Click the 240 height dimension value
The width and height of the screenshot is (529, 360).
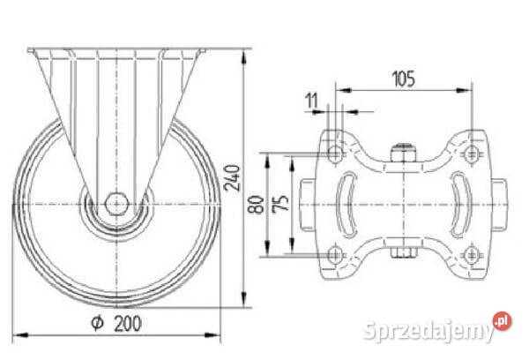232,178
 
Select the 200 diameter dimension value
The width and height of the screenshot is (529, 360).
128,324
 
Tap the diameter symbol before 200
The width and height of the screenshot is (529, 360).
98,323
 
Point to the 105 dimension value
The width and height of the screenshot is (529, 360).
404,79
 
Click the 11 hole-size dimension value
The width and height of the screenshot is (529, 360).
312,101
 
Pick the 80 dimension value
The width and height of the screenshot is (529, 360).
256,205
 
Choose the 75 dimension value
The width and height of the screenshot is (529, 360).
280,203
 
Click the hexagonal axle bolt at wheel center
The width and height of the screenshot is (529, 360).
116,204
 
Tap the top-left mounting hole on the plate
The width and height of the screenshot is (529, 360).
335,154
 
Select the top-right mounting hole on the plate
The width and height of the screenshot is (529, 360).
472,154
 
